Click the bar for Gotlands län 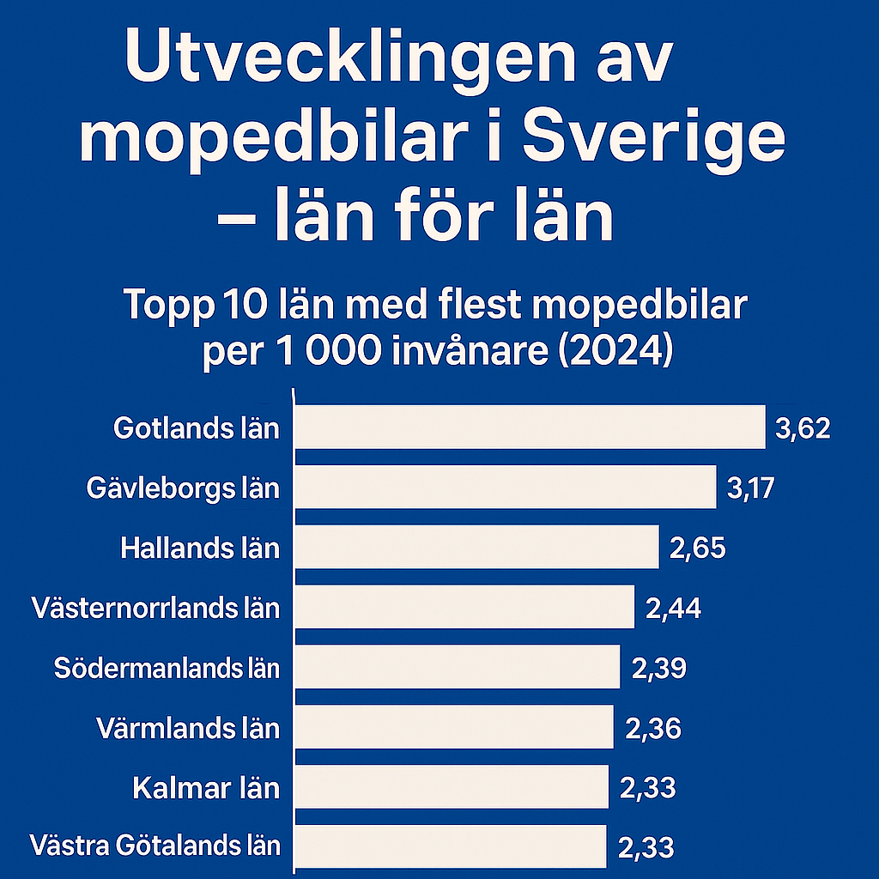(529, 427)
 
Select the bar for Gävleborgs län (505, 488)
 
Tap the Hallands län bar (476, 548)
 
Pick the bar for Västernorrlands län (464, 608)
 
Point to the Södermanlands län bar (457, 668)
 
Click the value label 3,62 (803, 427)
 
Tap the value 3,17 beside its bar (750, 488)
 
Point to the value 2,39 (658, 668)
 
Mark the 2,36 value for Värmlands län (653, 729)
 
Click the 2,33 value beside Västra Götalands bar (646, 848)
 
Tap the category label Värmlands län (188, 729)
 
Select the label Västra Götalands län (155, 846)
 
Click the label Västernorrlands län (155, 609)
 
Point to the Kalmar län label (207, 788)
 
